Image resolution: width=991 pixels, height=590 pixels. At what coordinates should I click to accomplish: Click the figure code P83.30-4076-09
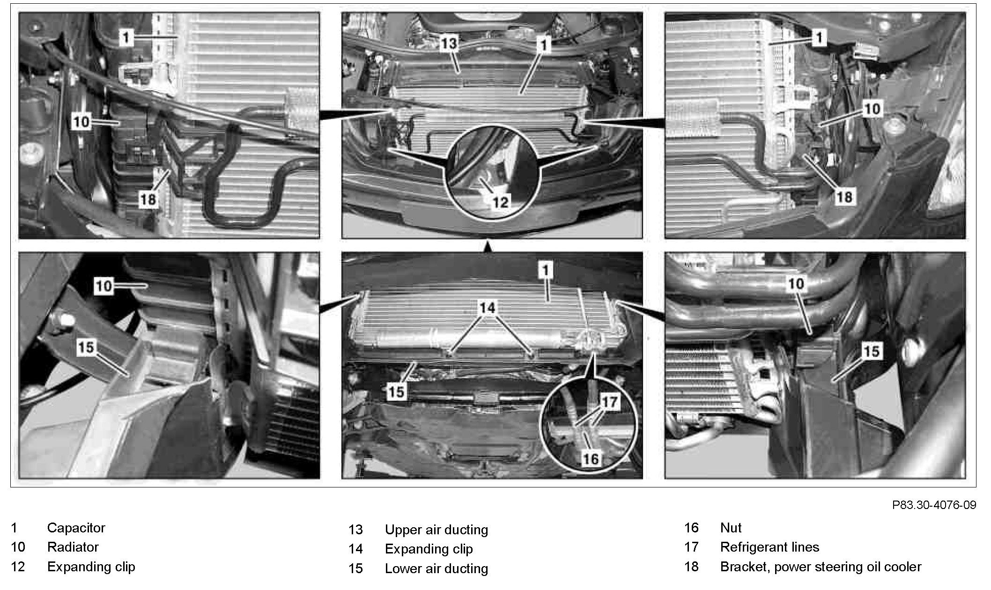coord(934,505)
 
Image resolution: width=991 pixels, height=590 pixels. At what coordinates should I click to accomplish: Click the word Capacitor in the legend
coord(76,528)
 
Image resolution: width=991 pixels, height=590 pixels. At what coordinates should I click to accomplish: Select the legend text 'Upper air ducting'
coord(436,530)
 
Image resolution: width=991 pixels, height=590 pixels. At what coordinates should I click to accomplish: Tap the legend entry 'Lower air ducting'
coord(436,568)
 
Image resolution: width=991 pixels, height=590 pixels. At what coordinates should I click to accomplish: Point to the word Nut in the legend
coord(731,528)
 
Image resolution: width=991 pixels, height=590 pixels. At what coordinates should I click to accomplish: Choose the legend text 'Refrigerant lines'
coord(769,547)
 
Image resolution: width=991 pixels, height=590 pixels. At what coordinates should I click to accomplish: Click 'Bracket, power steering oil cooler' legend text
coord(821,567)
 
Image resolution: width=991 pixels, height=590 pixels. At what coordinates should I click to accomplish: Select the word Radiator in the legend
coord(73,547)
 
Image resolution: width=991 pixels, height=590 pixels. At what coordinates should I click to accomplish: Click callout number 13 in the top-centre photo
coord(448,44)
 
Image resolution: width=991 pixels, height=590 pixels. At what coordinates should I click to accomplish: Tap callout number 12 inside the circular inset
coord(500,202)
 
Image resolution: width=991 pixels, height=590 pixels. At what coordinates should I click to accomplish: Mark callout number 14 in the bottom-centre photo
coord(487,308)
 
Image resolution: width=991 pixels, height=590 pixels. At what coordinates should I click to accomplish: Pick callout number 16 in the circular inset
coord(590,458)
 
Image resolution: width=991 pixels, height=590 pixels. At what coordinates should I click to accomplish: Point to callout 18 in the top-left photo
coord(148,199)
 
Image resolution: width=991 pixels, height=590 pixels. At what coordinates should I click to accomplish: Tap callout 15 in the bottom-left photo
coord(86,347)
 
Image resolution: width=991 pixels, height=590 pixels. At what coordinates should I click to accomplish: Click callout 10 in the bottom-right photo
coord(796,283)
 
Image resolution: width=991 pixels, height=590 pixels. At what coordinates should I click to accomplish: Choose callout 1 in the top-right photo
coord(819,37)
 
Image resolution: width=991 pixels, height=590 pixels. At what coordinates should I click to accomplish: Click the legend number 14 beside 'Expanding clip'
coord(355,549)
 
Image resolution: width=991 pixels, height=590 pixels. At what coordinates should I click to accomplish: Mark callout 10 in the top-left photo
coord(81,122)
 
